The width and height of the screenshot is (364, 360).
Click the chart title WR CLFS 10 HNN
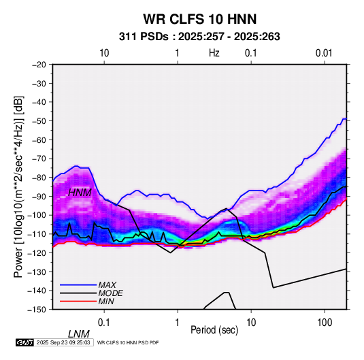[200, 19]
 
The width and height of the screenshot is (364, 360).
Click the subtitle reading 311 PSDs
[144, 37]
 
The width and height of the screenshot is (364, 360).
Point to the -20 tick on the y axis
[39, 65]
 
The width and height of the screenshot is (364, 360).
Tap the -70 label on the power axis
[39, 159]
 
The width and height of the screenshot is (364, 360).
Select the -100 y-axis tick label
[37, 215]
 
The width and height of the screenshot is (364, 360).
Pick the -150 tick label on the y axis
[37, 310]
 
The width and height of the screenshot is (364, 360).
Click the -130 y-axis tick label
[37, 272]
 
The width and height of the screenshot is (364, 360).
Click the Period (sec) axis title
[214, 330]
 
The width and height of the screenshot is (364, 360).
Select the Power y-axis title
[18, 186]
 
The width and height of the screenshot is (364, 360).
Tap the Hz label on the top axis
[214, 53]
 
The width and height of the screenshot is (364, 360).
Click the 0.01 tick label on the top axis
[324, 53]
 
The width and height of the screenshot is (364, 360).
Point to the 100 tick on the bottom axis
[325, 323]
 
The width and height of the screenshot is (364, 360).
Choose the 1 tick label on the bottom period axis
[178, 323]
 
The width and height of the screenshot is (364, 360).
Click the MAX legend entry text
[107, 285]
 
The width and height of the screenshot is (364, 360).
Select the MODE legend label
[110, 293]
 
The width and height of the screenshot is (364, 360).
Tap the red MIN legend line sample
[78, 301]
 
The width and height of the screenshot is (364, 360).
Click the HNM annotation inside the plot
[80, 193]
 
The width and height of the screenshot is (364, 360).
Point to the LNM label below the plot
[79, 334]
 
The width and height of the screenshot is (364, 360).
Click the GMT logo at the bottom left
[24, 342]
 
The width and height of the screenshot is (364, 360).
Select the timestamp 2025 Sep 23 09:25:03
[63, 342]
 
